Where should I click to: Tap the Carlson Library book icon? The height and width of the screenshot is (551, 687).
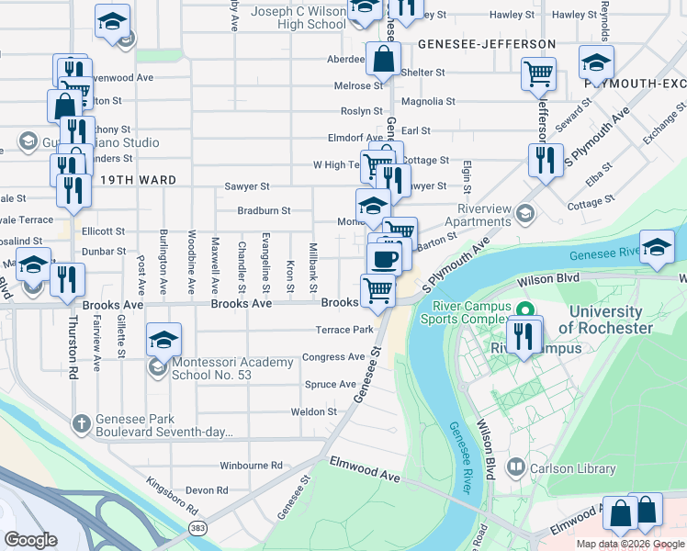(x=515, y=468)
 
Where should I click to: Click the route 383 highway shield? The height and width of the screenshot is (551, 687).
(x=197, y=528)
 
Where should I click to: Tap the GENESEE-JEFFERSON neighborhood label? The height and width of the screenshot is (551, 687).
(x=487, y=44)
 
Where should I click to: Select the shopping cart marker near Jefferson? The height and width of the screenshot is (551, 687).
(x=539, y=73)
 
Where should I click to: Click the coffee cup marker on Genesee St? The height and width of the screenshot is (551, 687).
(x=384, y=258)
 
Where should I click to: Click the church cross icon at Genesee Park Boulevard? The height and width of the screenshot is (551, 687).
(x=82, y=422)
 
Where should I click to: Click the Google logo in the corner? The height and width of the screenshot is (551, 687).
(x=31, y=540)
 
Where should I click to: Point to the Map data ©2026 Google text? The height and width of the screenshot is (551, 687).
(x=629, y=544)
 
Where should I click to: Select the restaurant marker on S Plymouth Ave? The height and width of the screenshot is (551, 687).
(x=546, y=160)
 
